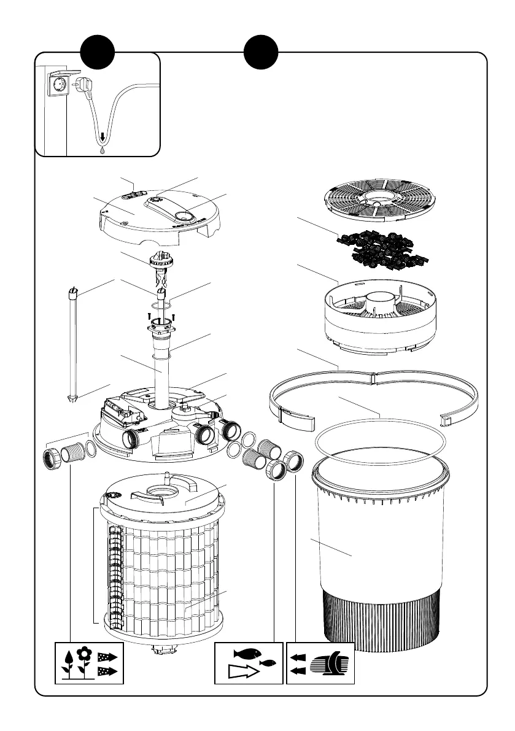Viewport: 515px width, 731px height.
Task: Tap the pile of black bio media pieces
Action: pos(376,248)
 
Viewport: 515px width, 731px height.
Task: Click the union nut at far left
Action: pos(50,457)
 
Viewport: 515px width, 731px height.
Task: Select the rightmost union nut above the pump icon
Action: pos(295,461)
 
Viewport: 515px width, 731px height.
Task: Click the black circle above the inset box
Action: pos(99,53)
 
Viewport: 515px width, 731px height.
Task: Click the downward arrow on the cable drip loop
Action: pos(102,139)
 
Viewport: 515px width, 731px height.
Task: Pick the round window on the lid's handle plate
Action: pos(182,215)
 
